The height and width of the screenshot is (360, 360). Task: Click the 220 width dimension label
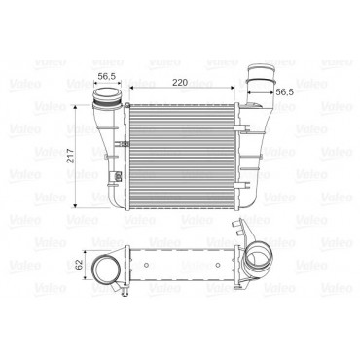click(x=180, y=82)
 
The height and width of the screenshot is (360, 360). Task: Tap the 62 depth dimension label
click(x=79, y=265)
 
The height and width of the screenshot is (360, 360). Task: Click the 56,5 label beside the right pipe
click(x=284, y=92)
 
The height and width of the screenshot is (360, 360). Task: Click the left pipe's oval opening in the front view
click(x=106, y=96)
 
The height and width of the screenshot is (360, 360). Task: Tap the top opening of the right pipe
click(x=262, y=67)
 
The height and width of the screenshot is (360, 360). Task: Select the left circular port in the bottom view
click(x=106, y=269)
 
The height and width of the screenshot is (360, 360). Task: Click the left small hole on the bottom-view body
click(x=146, y=265)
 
